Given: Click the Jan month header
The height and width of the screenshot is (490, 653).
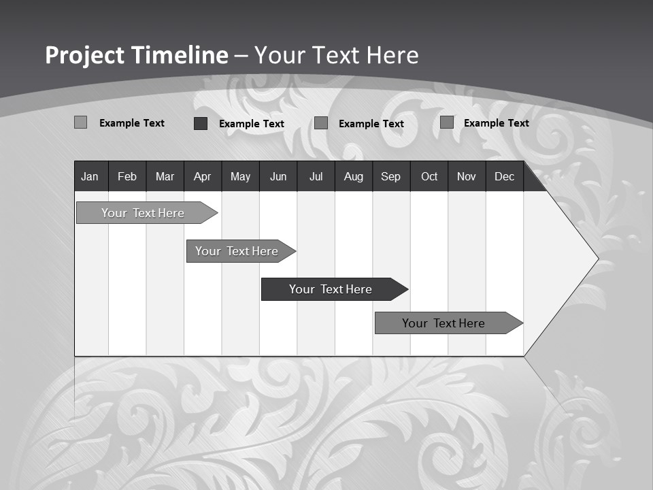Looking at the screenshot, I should point(90,176).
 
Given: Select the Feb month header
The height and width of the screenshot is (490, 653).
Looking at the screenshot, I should point(127,176).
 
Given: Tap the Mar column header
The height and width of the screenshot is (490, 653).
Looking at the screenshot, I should point(165,176).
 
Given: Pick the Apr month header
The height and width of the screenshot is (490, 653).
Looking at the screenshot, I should point(202,176).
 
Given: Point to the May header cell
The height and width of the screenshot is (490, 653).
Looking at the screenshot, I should point(240,176).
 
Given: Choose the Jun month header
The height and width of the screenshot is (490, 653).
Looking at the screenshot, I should point(278,176).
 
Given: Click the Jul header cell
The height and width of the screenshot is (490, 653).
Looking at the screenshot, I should point(316,176).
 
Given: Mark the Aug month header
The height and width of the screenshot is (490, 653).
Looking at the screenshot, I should point(353,176).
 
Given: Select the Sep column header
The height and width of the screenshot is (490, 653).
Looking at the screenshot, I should point(390,176).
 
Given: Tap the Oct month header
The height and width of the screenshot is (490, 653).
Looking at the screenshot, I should point(429,176).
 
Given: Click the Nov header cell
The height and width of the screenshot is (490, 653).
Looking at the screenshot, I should point(467,176).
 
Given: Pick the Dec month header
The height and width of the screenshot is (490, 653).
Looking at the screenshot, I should point(504,176).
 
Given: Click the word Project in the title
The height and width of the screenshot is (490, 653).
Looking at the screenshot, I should point(84,55).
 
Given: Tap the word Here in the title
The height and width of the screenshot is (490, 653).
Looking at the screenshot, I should point(392,55).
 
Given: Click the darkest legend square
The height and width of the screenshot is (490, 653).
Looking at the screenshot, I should point(201,123).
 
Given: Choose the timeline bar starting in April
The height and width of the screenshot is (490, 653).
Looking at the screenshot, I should point(238,251).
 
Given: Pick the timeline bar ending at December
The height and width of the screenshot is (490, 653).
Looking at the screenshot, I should point(446,323).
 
